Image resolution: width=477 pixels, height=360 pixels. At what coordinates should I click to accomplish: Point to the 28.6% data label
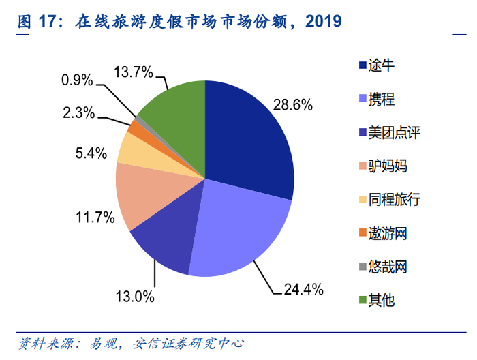292,105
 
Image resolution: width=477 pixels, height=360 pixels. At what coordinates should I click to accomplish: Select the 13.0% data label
135,297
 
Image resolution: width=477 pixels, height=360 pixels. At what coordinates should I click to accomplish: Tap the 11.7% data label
95,218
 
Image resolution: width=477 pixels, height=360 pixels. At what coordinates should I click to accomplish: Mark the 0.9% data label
77,80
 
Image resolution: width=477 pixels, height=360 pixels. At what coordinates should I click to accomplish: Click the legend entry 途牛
381,66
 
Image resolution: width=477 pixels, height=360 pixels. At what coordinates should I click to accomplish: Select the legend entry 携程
381,100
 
